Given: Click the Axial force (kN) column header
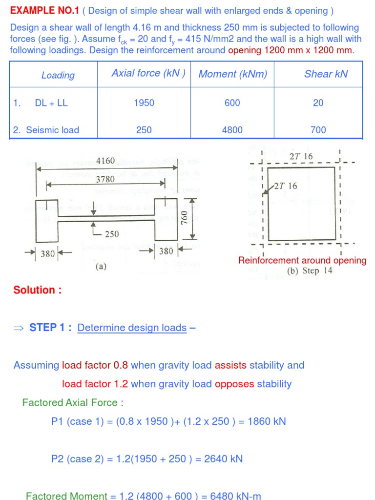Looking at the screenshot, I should (x=148, y=73).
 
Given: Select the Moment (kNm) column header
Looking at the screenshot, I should (x=233, y=74).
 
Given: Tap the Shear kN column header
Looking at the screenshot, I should (x=326, y=74).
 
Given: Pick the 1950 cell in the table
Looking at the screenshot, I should (x=144, y=103).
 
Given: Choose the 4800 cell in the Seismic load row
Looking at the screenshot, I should (x=232, y=130).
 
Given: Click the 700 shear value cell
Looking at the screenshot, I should (x=318, y=130).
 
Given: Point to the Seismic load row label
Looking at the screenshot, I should (x=46, y=130).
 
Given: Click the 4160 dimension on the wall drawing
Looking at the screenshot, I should (x=105, y=161).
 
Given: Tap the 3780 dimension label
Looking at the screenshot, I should (x=105, y=179).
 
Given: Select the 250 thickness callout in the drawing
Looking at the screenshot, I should (x=112, y=234).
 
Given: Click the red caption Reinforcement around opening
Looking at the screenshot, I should (x=302, y=260).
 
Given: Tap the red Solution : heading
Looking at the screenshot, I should (x=38, y=290).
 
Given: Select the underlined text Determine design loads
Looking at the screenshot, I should (x=132, y=328).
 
